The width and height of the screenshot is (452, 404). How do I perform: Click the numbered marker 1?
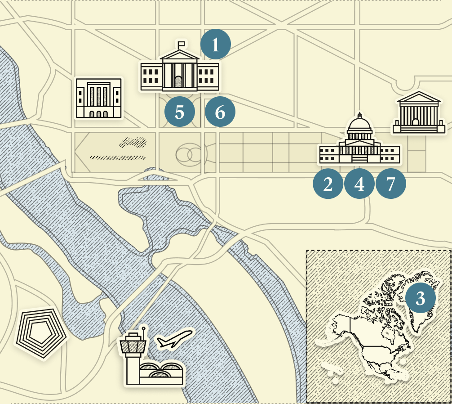215,45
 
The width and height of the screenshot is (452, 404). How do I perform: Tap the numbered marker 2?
328,184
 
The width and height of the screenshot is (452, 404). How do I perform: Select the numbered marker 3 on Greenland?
420,298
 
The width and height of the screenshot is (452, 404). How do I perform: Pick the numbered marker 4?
359,184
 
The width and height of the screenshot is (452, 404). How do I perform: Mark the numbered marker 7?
390,184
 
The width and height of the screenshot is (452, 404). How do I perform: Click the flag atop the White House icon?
181,44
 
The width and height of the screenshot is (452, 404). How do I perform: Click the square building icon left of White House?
99,98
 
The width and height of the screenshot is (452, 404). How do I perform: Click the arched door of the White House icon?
179,81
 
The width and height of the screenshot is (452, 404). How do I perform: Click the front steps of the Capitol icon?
359,159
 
